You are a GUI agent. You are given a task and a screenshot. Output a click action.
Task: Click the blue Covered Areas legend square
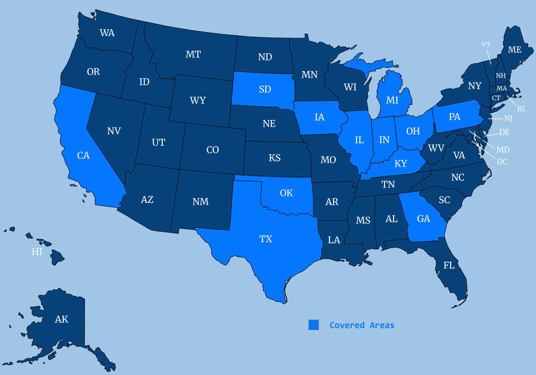[x=314, y=325]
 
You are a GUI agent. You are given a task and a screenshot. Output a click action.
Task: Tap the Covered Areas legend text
[x=362, y=325]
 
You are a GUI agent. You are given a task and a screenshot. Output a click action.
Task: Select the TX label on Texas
[x=265, y=239]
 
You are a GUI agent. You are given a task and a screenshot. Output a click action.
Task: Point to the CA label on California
[x=83, y=155]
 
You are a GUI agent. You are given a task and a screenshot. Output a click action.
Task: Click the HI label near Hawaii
[x=37, y=252]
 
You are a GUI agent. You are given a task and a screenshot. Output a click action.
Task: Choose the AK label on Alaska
[x=61, y=319]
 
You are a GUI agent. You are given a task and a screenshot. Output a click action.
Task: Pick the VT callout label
[x=486, y=45]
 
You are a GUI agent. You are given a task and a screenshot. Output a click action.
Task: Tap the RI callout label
[x=521, y=109]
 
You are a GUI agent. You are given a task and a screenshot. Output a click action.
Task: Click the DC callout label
[x=502, y=162]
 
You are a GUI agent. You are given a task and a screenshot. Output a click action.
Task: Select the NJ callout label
[x=508, y=118]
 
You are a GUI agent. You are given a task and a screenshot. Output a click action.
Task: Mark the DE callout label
[x=504, y=132]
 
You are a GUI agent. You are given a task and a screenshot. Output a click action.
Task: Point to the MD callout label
[x=503, y=150]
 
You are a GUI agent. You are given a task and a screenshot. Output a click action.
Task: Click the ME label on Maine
[x=515, y=50]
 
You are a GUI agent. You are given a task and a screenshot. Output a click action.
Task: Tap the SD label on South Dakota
[x=265, y=89]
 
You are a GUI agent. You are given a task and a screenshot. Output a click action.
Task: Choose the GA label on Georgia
[x=423, y=218]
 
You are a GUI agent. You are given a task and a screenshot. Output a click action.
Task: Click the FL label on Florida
[x=449, y=265]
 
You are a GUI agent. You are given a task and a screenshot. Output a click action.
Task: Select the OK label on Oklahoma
[x=286, y=193]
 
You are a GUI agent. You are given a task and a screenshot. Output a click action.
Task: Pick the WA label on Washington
[x=107, y=33]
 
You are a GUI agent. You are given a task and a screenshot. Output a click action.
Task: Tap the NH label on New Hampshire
[x=501, y=76]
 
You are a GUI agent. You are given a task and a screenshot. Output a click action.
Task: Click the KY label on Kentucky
[x=401, y=164]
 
